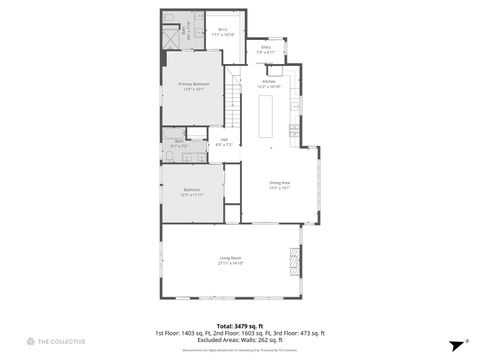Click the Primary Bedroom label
coord(193,87)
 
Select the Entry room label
coord(266,49)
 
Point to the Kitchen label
coord(269,84)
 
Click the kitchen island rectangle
coord(267,117)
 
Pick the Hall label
coord(224,142)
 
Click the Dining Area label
coord(279,184)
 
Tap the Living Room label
coord(231,261)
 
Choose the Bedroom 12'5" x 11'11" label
coord(191,193)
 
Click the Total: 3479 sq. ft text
coord(239,326)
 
